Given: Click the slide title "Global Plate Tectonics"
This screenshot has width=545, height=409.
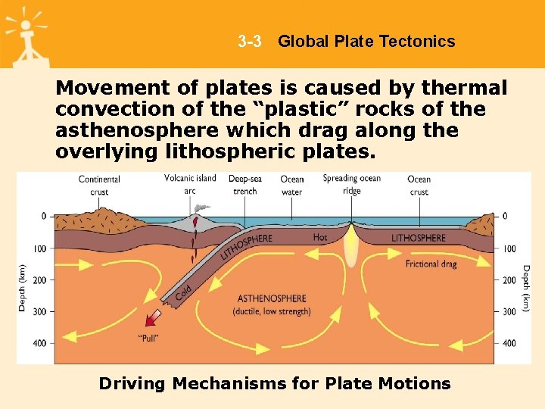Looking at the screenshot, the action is (366, 42).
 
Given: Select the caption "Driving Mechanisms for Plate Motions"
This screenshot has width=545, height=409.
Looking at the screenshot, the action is (275, 383).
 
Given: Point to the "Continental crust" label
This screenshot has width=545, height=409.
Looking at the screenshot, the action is (99, 186).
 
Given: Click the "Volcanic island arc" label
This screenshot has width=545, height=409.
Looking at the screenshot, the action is (190, 184).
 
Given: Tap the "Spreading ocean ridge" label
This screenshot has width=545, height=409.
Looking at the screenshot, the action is (352, 184).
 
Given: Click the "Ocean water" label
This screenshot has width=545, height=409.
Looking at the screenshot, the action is (292, 186).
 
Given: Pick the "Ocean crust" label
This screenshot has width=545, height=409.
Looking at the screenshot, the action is (419, 186).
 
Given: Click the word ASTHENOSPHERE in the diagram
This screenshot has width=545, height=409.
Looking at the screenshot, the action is (272, 298).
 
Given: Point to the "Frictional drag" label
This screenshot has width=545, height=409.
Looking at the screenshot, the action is (431, 264).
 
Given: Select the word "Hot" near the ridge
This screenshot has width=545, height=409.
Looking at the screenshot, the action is (320, 238).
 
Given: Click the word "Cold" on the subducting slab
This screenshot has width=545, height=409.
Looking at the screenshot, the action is (183, 290).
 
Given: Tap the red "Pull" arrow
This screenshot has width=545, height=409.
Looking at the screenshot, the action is (154, 316).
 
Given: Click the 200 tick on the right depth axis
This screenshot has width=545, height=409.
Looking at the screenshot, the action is (509, 280).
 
